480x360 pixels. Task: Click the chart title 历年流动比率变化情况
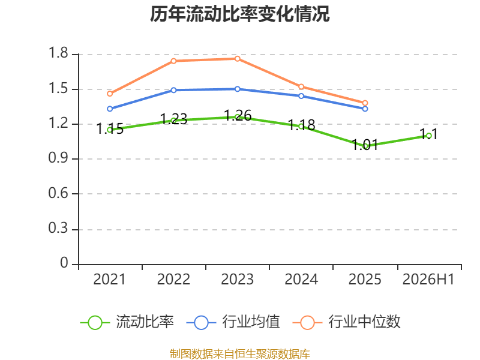tap(239, 14)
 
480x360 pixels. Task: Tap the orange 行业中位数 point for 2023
tap(238, 59)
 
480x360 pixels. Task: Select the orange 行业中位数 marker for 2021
tap(110, 94)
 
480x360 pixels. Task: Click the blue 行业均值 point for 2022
tap(173, 91)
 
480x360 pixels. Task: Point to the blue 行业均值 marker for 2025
tap(365, 109)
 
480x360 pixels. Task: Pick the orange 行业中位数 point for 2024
tap(301, 86)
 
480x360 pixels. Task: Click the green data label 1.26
tap(238, 116)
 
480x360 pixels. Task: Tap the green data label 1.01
tap(365, 145)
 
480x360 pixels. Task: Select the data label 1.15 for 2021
tap(110, 129)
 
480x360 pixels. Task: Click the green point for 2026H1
tap(429, 136)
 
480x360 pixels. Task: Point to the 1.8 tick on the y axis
tap(58, 53)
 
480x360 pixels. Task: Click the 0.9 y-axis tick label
tap(58, 158)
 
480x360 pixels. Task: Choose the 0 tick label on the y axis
tap(64, 263)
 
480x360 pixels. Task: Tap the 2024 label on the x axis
tap(301, 280)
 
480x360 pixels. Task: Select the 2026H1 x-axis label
tap(428, 280)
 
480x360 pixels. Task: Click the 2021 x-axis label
tap(110, 280)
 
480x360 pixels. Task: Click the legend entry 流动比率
tap(127, 322)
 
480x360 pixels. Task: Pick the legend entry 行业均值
tap(233, 322)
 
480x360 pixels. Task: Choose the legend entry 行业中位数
tap(347, 322)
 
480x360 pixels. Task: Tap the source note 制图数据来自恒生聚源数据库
tap(239, 354)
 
